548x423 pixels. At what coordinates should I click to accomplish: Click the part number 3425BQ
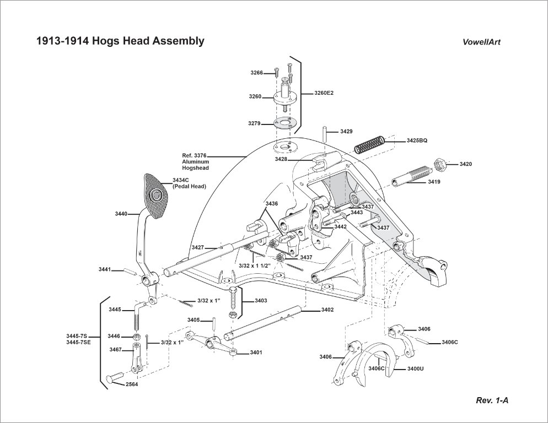[x=417, y=140]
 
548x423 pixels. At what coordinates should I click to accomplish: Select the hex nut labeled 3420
[x=440, y=164]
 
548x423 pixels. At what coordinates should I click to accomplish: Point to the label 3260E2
[x=324, y=93]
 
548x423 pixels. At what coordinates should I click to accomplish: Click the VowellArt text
[x=482, y=42]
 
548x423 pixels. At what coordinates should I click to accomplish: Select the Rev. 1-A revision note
[x=492, y=400]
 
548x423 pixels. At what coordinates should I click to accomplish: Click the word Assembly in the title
[x=178, y=41]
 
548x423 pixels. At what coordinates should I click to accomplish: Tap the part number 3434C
[x=181, y=180]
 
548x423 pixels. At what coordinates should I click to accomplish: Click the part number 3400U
[x=415, y=368]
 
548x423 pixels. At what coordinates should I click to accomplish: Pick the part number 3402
[x=327, y=310]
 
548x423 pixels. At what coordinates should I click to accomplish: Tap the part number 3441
[x=105, y=269]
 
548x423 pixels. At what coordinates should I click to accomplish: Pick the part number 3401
[x=256, y=352]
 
